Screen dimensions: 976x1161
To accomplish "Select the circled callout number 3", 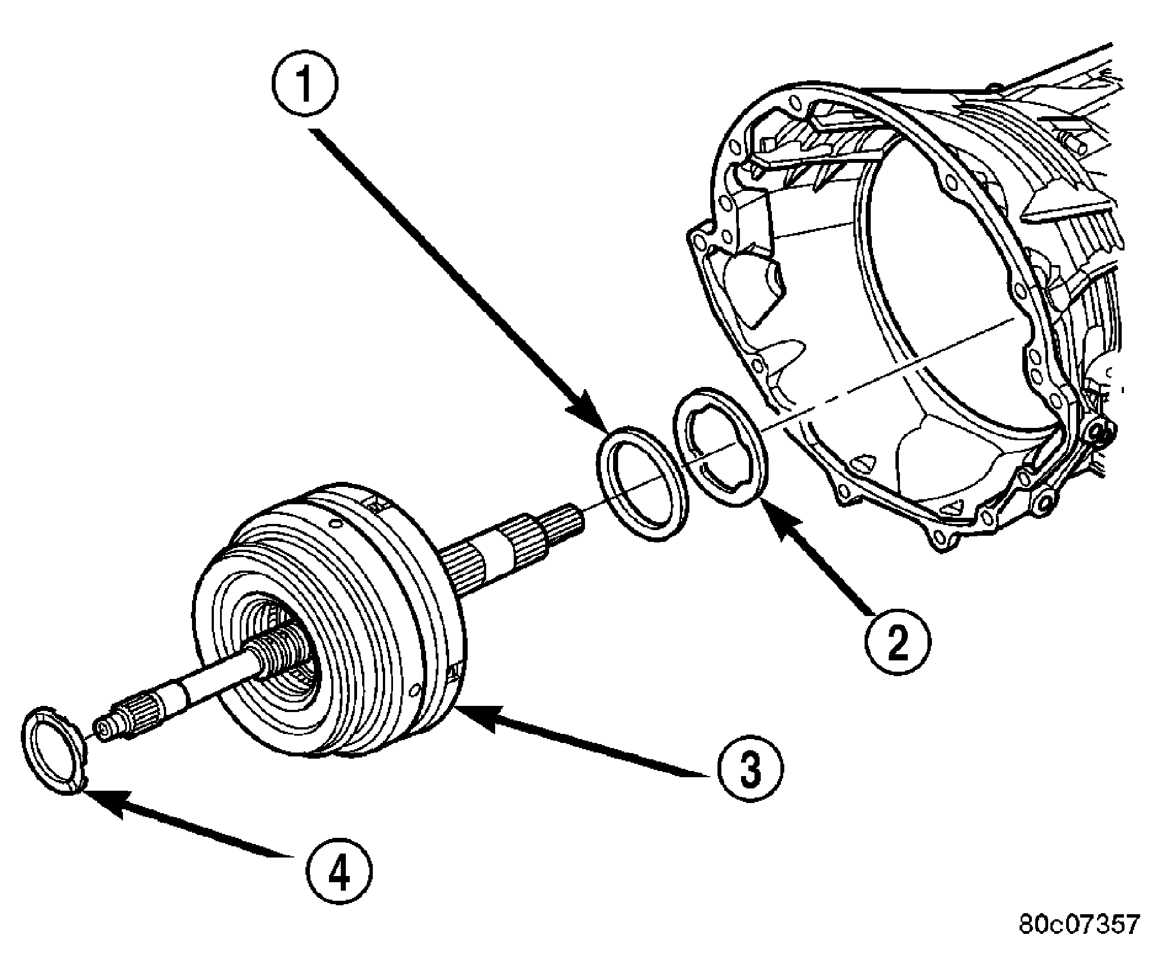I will tap(749, 770).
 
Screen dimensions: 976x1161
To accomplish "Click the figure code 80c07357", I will tap(1079, 941).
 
